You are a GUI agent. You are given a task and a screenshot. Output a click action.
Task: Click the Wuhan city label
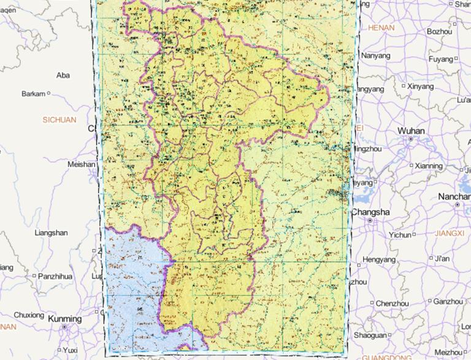410,131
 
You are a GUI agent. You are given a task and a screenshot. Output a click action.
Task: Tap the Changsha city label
370,212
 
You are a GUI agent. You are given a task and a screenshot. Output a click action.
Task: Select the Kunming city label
64,319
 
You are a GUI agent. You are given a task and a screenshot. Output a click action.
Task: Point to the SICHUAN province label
59,120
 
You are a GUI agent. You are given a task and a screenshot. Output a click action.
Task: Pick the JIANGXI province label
450,233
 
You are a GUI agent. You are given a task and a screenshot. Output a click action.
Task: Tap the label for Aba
63,75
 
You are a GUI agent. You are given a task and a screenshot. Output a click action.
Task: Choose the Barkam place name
34,94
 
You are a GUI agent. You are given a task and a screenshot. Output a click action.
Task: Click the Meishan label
81,165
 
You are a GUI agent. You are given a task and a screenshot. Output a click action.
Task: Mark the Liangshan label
52,233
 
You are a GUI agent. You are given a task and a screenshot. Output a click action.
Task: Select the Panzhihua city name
55,277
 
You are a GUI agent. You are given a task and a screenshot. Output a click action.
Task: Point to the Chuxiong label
29,315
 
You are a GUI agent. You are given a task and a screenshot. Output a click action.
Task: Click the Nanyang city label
376,56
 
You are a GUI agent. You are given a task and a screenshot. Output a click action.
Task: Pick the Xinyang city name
420,86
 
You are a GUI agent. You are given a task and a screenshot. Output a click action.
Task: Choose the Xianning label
428,166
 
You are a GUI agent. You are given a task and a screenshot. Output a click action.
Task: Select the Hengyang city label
380,259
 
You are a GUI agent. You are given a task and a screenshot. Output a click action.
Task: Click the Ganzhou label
448,302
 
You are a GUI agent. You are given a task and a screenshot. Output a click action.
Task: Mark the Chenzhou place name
392,304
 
